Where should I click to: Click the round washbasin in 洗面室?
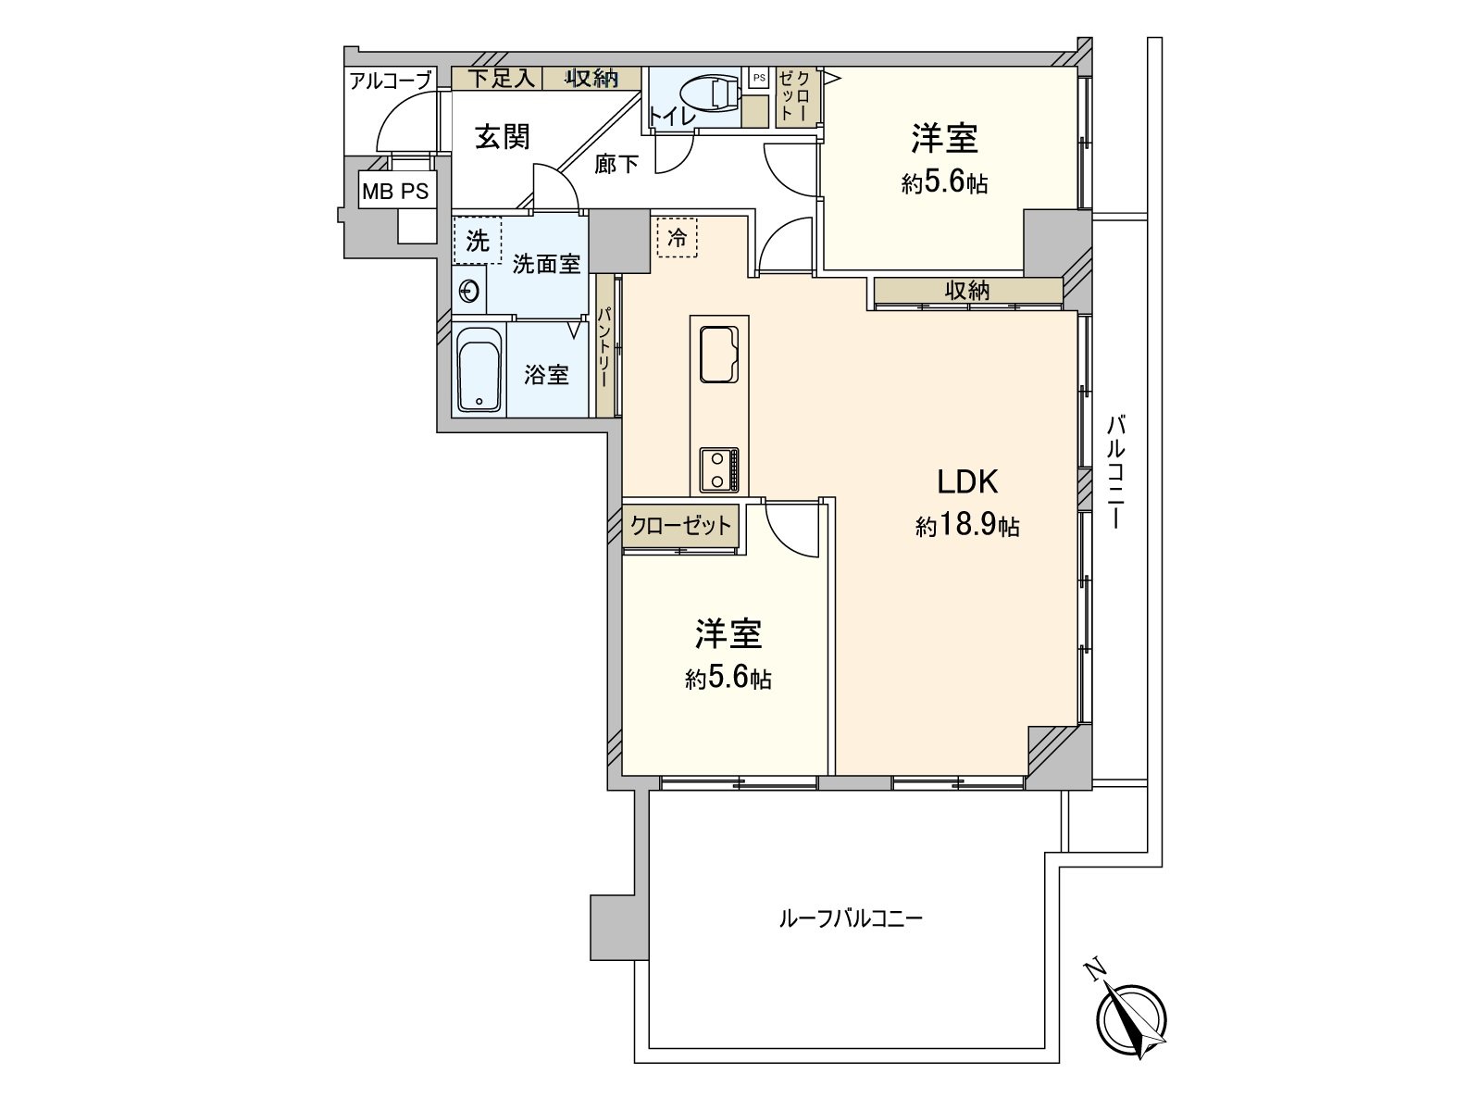470,292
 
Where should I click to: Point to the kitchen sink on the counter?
719,354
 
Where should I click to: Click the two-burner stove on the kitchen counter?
719,469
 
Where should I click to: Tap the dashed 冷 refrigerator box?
677,237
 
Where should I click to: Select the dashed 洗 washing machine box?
477,241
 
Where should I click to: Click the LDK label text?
967,481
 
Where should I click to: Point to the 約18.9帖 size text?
967,526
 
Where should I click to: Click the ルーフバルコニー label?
851,919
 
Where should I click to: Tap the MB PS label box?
396,192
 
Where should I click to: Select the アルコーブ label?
390,81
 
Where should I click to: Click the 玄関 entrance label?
503,137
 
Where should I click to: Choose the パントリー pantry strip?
604,348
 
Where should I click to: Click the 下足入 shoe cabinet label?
500,79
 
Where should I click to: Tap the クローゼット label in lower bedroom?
680,526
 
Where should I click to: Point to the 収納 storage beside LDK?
967,290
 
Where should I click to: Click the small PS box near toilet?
758,79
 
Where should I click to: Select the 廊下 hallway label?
616,165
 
